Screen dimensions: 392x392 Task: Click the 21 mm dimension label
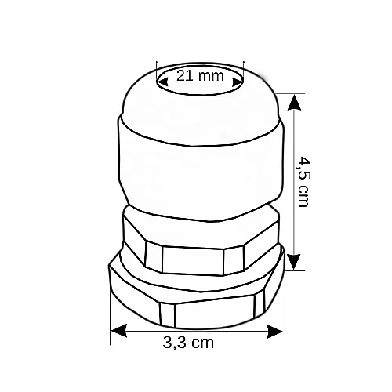point(200,76)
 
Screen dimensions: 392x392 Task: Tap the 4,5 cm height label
point(304,182)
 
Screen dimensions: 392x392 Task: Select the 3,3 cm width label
point(188,343)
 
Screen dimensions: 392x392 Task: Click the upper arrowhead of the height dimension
point(295,103)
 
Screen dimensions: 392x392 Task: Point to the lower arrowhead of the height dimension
point(295,262)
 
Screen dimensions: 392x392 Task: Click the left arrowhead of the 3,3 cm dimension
point(119,331)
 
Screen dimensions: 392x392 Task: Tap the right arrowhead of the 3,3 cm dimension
point(275,331)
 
